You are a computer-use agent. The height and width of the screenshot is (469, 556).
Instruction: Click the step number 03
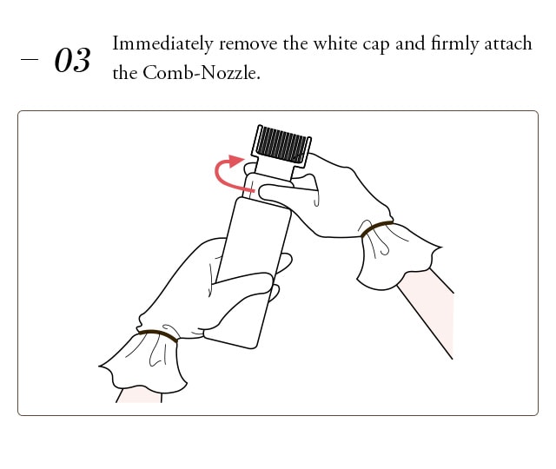point(72,60)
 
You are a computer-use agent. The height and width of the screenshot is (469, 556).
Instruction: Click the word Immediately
point(162,44)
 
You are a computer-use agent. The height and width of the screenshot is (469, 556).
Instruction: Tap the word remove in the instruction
point(248,44)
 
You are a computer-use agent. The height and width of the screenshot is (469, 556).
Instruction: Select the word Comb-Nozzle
point(202,73)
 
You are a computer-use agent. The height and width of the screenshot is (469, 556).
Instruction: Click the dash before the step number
point(30,59)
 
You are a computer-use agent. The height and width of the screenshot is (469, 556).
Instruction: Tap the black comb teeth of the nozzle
point(281,145)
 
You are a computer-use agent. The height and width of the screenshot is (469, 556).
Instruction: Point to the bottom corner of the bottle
point(253,347)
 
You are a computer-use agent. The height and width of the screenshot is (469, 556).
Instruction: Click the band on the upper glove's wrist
point(376,228)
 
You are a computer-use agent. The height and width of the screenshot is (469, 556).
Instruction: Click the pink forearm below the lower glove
point(139,395)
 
